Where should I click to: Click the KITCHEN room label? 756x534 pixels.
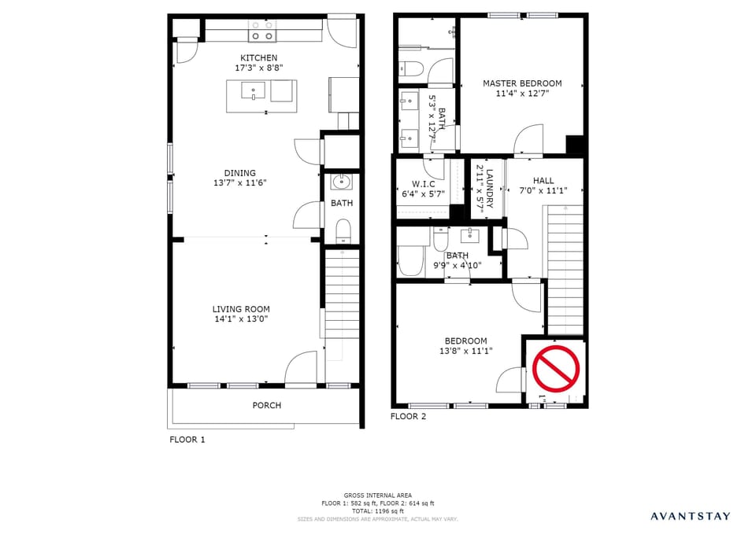point(258,57)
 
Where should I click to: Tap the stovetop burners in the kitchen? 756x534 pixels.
point(263,31)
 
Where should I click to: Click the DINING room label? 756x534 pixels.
point(239,173)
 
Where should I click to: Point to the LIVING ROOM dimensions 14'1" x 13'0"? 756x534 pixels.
point(240,320)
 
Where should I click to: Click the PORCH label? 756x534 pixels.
point(266,405)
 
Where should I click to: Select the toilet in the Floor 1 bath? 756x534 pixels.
point(343,230)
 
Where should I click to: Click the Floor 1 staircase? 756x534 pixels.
point(342,295)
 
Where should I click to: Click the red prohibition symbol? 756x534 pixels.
point(556,367)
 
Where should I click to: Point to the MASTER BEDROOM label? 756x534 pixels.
point(522,83)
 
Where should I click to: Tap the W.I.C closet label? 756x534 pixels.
point(423,184)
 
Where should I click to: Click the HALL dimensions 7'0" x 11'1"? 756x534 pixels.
point(543,190)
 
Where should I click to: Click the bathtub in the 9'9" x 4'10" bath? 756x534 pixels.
point(411,259)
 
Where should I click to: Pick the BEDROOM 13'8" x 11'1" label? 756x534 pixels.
point(465,341)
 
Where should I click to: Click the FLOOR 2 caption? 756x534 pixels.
point(408,416)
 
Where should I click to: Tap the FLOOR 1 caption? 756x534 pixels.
point(187,440)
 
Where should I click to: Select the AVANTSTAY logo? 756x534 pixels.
point(689,517)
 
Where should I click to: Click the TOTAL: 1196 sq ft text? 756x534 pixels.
point(377,511)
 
